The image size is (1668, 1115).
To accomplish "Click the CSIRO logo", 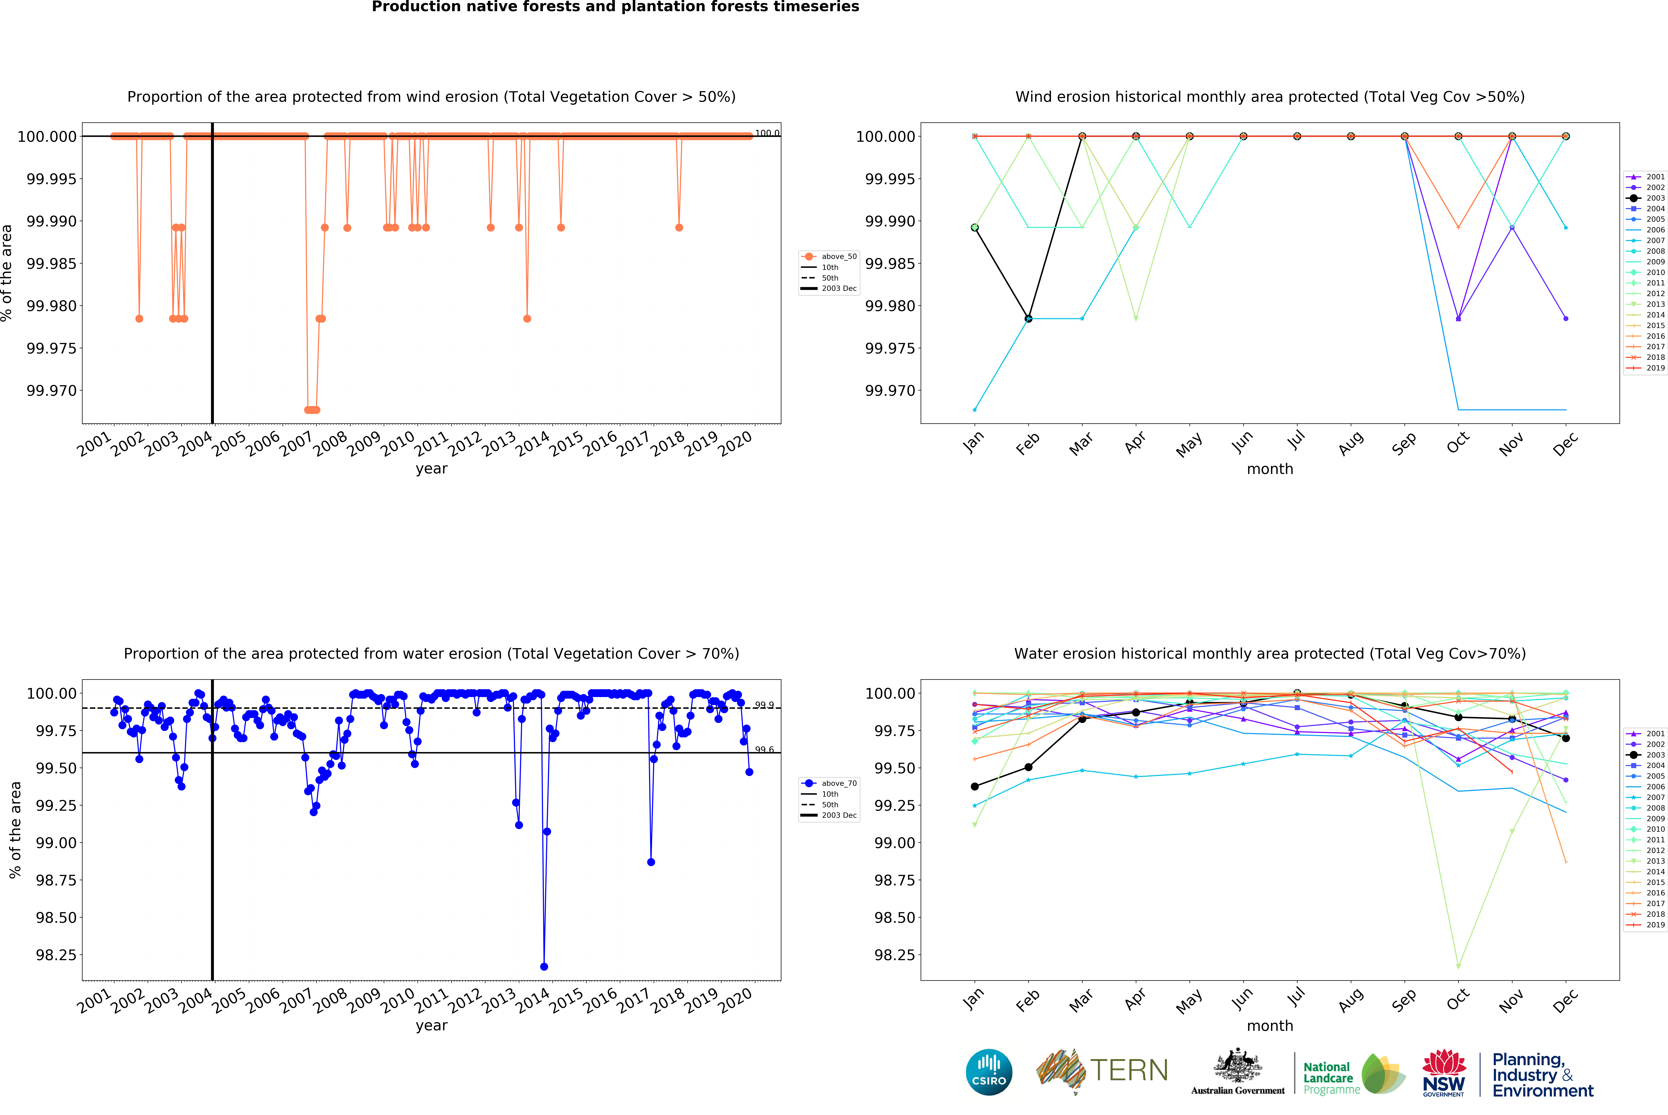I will [989, 1072].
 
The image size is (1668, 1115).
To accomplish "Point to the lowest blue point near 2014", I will [544, 966].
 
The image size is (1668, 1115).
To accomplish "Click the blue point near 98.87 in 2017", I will [651, 862].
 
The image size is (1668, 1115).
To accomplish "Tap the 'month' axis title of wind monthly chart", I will [1269, 469].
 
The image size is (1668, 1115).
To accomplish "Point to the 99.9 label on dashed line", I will [764, 705].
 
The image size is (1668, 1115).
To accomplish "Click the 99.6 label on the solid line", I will [764, 749].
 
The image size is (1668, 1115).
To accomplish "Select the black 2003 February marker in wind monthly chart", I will [1028, 319].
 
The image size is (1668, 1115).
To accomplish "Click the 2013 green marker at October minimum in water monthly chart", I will [1458, 966].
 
